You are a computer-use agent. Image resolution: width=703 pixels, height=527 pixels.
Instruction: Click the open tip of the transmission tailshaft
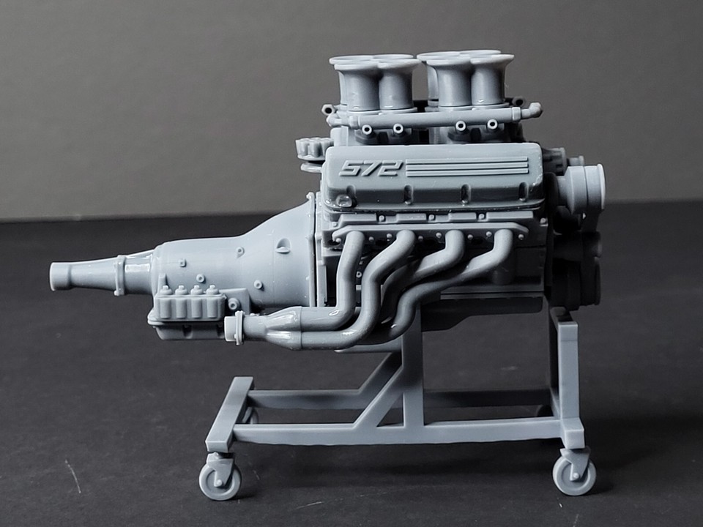coord(55,276)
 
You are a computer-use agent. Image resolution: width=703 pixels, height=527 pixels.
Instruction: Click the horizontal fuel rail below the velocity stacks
coord(432,116)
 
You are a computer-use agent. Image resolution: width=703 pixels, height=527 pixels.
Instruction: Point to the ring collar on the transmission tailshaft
coord(118,274)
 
